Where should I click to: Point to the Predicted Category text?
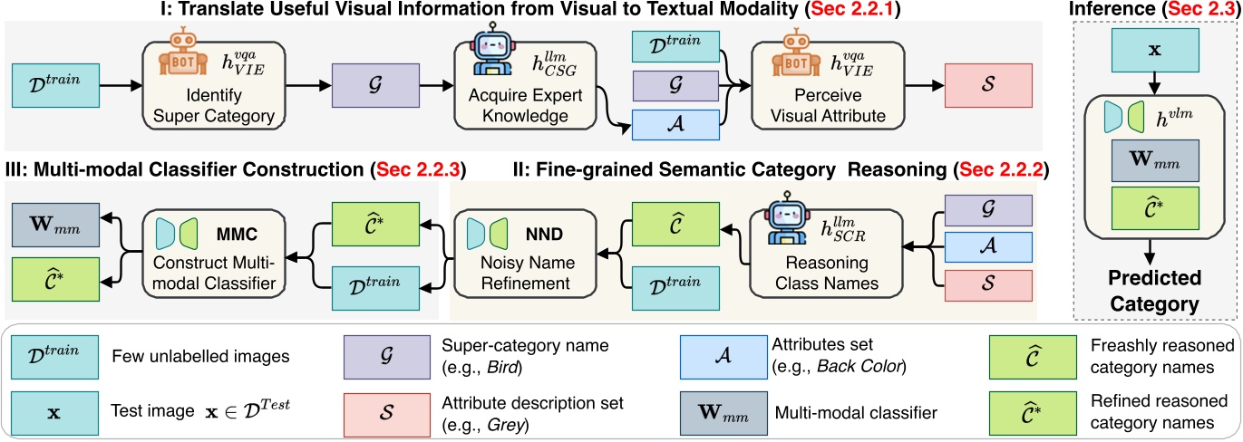tap(1154, 289)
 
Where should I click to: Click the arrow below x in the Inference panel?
tap(1154, 83)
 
